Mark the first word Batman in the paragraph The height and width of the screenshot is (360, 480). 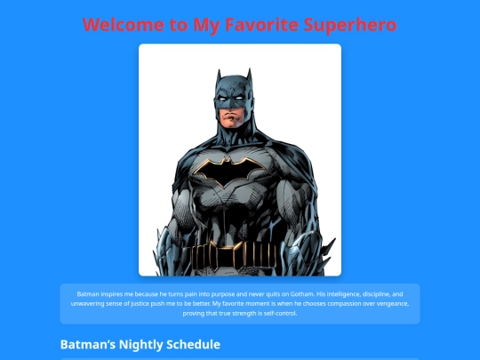(x=88, y=293)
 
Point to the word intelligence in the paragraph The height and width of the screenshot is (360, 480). (x=340, y=293)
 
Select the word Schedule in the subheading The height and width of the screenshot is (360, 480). (x=189, y=344)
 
